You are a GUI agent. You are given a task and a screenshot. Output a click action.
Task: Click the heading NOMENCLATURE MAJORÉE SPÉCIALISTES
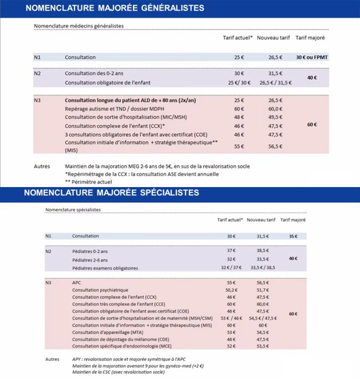(112, 192)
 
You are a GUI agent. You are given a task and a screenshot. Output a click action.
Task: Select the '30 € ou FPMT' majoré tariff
(310, 57)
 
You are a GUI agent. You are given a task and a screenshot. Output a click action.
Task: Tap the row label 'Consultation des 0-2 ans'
(94, 74)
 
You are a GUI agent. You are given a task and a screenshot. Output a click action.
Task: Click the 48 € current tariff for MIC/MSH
(239, 117)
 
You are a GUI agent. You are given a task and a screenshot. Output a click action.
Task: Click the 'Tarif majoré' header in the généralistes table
(310, 38)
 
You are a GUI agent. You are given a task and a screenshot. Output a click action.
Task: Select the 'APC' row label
(76, 282)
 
